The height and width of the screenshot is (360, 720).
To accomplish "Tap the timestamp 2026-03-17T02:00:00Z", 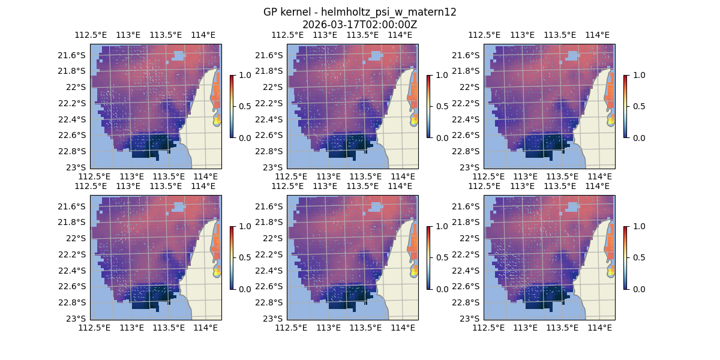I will pyautogui.click(x=359, y=25).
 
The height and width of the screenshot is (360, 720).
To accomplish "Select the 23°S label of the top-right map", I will pyautogui.click(x=473, y=167).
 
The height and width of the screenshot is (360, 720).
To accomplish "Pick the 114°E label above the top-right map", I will pyautogui.click(x=597, y=35).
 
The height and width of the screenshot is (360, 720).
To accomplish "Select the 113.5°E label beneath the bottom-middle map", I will pyautogui.click(x=365, y=328).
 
